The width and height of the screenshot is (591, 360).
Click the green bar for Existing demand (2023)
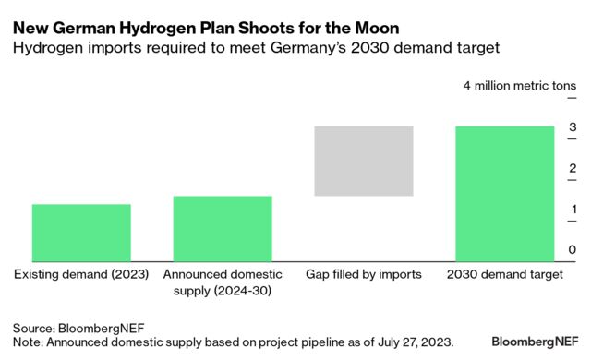(81, 233)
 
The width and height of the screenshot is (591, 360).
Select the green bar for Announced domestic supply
(223, 229)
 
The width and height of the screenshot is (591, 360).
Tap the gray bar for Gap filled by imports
(364, 161)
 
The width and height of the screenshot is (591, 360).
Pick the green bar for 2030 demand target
(505, 194)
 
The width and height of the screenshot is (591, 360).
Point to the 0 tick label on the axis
(573, 250)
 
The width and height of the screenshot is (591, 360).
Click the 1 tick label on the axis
(573, 209)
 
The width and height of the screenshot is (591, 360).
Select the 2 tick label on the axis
(573, 168)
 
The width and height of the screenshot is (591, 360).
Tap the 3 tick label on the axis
(573, 127)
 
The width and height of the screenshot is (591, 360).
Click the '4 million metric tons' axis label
(520, 86)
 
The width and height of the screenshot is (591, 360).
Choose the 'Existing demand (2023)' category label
(81, 274)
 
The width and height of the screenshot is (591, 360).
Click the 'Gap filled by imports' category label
(363, 274)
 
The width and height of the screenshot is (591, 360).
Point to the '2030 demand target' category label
(505, 274)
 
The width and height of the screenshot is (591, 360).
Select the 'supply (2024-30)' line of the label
(223, 292)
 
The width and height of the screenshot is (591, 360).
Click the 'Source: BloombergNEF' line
(78, 328)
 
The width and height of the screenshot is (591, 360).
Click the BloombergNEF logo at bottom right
(535, 341)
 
